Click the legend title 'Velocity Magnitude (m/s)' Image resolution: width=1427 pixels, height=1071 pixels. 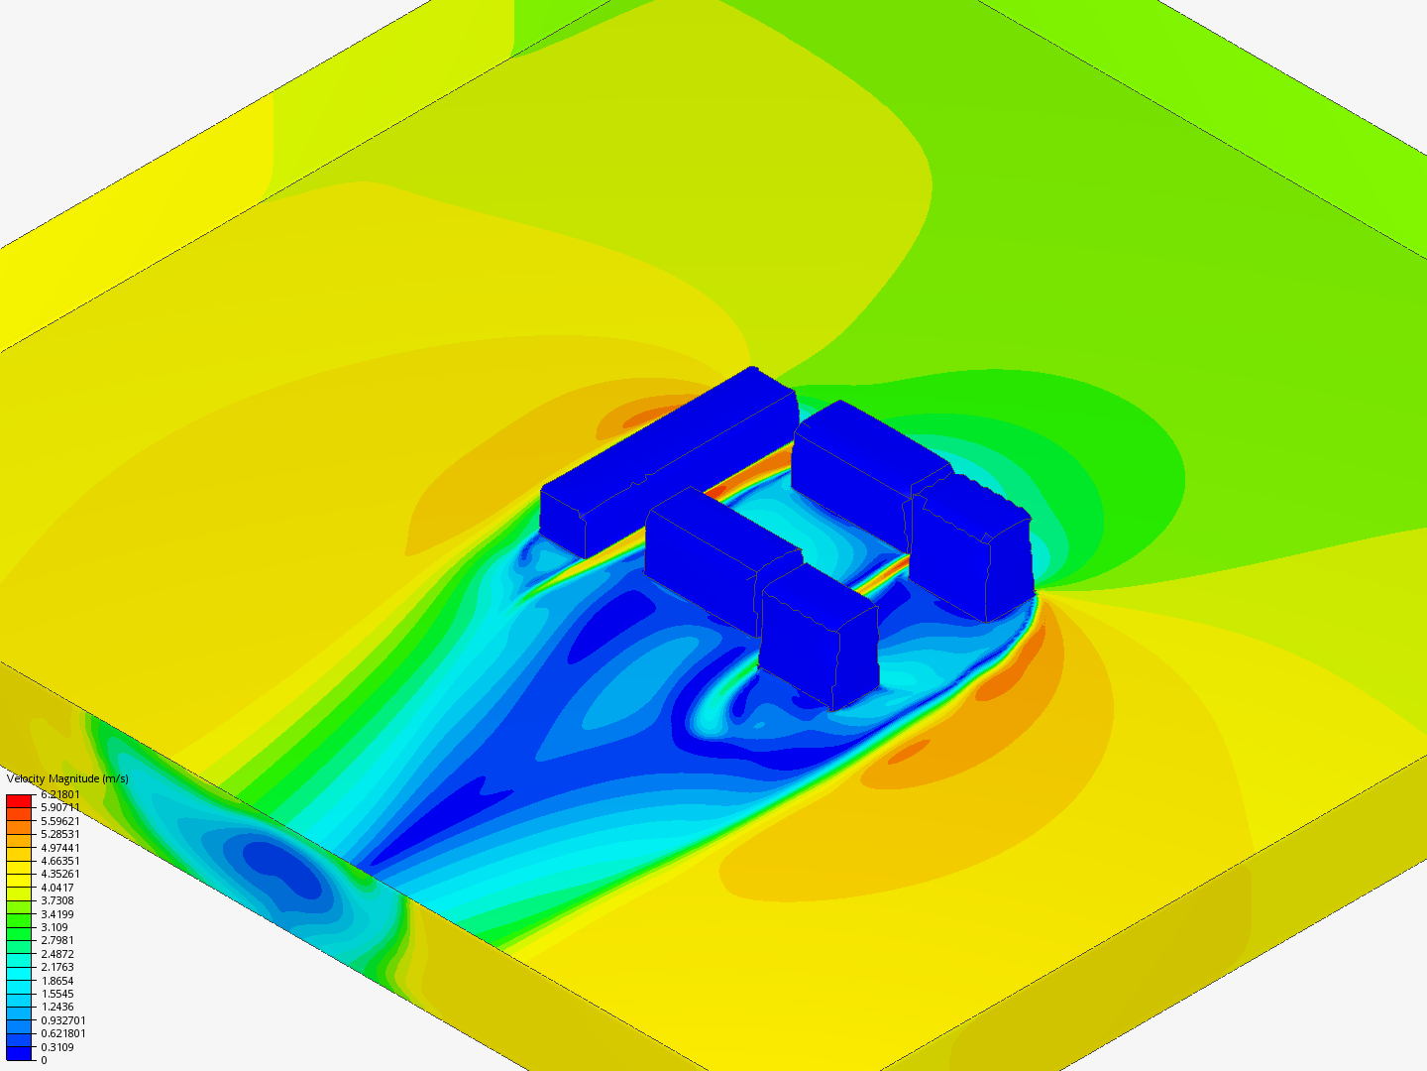(67, 778)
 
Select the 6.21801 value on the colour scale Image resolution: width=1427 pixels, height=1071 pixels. (60, 794)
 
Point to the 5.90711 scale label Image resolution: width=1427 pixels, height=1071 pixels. (60, 807)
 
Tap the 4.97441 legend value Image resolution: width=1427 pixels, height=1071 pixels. (60, 847)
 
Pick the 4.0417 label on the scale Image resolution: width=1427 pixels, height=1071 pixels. (57, 887)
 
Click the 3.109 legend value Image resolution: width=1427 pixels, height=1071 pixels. (54, 927)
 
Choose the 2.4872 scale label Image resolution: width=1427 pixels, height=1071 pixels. (57, 954)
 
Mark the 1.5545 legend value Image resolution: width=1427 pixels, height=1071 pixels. (57, 994)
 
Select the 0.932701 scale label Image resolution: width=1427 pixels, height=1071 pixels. (63, 1020)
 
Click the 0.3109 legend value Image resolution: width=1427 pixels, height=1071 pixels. (57, 1047)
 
